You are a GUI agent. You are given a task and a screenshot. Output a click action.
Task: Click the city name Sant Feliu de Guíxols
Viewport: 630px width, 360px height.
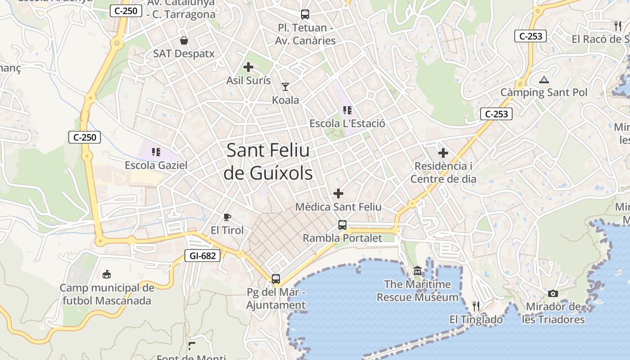pos(268,162)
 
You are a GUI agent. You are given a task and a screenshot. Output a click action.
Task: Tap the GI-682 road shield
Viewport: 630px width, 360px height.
pos(202,256)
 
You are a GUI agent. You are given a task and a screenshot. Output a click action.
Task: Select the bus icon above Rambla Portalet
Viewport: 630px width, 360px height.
pos(342,225)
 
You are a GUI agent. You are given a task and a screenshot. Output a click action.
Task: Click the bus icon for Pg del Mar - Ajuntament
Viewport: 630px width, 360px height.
pos(276,279)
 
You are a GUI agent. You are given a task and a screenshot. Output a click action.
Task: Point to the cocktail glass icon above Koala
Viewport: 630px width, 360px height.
pos(285,86)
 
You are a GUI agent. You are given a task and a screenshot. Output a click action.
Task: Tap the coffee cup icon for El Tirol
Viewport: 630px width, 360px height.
pos(227,217)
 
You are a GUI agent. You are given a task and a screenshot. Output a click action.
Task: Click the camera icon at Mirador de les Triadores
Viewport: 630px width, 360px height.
pos(553,294)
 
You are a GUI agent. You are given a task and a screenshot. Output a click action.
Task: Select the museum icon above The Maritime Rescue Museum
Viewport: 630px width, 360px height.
pos(418,271)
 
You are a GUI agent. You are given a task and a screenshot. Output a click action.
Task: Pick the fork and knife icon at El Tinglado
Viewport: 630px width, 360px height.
pos(476,306)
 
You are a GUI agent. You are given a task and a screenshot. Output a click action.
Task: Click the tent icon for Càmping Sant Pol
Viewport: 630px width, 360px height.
pos(544,80)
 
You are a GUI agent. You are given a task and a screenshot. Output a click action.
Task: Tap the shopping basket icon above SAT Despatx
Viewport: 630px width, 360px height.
pos(184,40)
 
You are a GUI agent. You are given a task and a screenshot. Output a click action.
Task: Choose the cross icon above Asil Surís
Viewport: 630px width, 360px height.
pos(248,67)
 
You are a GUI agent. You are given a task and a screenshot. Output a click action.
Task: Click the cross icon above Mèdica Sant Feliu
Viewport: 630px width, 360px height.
pos(338,193)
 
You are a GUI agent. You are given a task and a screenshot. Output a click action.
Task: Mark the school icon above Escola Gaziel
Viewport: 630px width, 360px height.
pos(156,152)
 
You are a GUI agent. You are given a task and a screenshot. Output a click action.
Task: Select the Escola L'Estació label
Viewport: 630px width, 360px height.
pos(347,123)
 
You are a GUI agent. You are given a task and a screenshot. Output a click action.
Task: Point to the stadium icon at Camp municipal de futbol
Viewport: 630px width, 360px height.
pos(107,274)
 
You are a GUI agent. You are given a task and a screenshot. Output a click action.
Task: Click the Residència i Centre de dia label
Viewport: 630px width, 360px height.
pos(443,172)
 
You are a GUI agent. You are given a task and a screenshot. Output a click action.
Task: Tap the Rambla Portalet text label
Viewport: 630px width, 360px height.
pos(342,238)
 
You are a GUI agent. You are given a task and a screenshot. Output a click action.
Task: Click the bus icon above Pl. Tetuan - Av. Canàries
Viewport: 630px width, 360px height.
pos(305,14)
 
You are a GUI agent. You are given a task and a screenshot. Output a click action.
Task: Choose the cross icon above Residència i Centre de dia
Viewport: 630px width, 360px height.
pos(443,153)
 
